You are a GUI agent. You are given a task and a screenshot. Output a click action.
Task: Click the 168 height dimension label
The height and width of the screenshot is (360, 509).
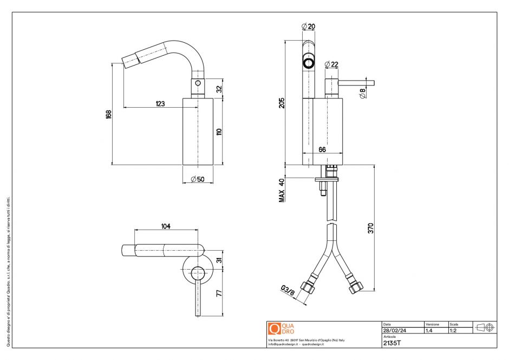pyautogui.click(x=108, y=115)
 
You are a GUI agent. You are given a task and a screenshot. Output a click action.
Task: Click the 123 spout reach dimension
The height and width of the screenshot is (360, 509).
pyautogui.click(x=160, y=103)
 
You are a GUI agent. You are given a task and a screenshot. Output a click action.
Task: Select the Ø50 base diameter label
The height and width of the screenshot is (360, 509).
pyautogui.click(x=198, y=180)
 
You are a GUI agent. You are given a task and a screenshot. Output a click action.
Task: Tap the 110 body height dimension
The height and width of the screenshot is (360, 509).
pyautogui.click(x=219, y=131)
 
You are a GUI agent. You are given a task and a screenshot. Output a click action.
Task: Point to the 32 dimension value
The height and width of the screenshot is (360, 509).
pyautogui.click(x=219, y=89)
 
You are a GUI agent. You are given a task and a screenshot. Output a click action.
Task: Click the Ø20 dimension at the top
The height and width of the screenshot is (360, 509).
pyautogui.click(x=308, y=26)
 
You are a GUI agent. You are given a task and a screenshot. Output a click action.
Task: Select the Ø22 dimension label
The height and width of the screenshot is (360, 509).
pyautogui.click(x=331, y=64)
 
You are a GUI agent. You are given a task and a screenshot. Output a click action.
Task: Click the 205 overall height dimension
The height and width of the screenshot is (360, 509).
pyautogui.click(x=282, y=103)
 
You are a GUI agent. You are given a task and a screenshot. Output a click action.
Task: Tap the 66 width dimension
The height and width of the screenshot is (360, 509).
pyautogui.click(x=322, y=149)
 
